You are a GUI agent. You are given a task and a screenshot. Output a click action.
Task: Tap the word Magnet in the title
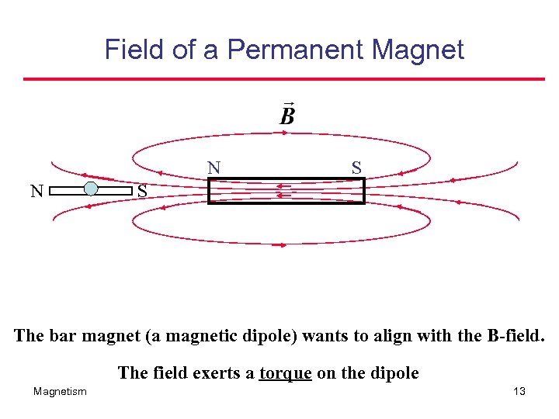point(418,50)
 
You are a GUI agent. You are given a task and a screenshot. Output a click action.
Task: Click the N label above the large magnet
point(214,168)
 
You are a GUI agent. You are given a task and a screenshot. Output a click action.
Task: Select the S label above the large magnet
point(356,168)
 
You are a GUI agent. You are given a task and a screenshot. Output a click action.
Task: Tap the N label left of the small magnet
point(36,191)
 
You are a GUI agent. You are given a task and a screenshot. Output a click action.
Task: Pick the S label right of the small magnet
point(142,191)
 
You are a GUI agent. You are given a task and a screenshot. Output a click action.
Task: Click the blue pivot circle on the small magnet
point(91,189)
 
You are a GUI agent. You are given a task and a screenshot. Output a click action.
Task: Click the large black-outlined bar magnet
point(286,191)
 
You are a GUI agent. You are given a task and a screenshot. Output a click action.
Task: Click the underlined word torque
point(286,373)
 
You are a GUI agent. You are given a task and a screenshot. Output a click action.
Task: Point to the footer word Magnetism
point(60,392)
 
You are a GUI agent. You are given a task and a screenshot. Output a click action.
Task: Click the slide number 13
point(519,392)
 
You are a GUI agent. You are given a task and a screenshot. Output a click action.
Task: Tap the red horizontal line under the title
point(283,78)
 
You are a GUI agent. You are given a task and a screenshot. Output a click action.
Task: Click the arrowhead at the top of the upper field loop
point(284,133)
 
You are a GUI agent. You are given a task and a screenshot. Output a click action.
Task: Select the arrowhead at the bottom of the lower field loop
point(284,244)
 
